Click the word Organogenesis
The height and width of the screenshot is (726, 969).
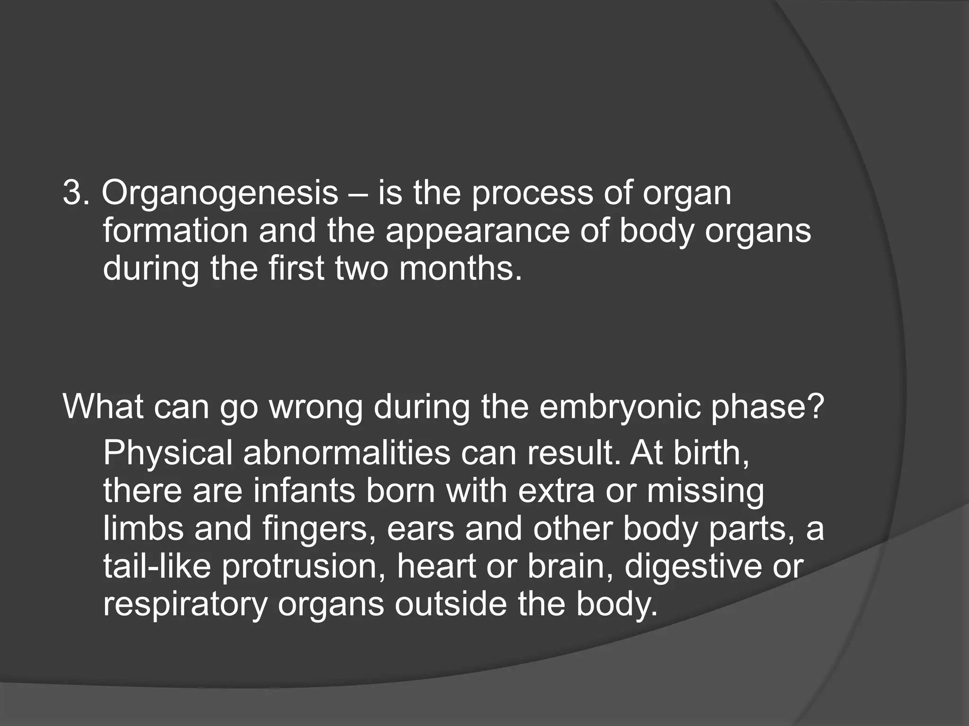(x=220, y=194)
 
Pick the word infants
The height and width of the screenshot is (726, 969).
(x=303, y=491)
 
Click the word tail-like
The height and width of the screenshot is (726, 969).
(x=157, y=566)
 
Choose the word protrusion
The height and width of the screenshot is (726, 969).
(x=304, y=566)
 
